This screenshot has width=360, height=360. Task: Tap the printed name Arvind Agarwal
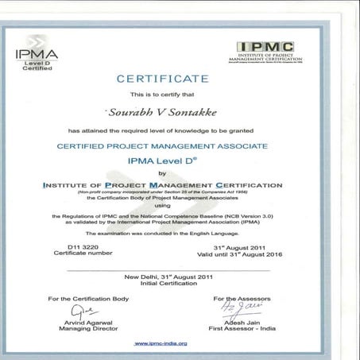(x=87, y=321)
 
